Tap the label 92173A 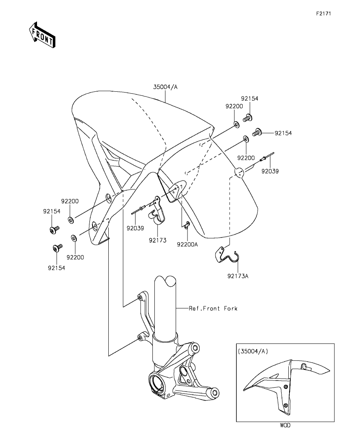[238, 276]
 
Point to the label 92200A [187, 244]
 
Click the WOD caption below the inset [285, 425]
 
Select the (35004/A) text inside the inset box [253, 351]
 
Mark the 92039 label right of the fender [270, 171]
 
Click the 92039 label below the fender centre [135, 228]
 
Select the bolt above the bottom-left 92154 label [57, 248]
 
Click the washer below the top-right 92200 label [236, 124]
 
